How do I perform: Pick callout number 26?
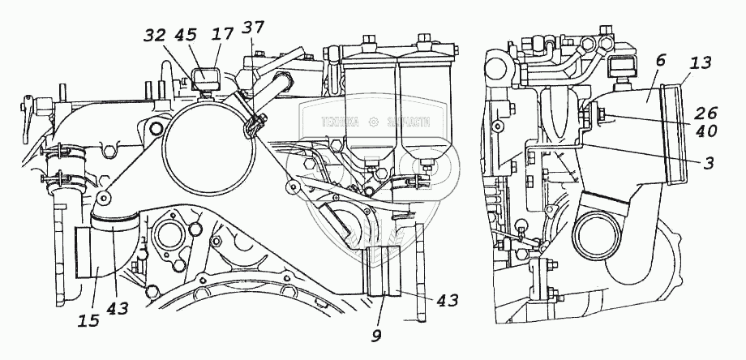[x=705, y=114]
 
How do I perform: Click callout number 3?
[x=707, y=163]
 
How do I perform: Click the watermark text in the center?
[x=370, y=121]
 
